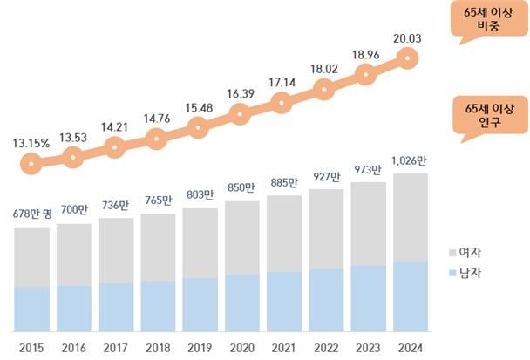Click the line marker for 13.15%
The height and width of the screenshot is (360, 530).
(x=31, y=162)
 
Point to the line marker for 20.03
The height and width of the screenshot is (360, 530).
(x=407, y=58)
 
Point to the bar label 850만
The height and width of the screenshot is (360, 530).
(x=241, y=187)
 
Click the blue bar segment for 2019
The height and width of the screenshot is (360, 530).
(x=199, y=305)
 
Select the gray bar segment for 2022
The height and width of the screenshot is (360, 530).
(x=324, y=228)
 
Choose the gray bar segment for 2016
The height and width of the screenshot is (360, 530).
(x=73, y=255)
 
